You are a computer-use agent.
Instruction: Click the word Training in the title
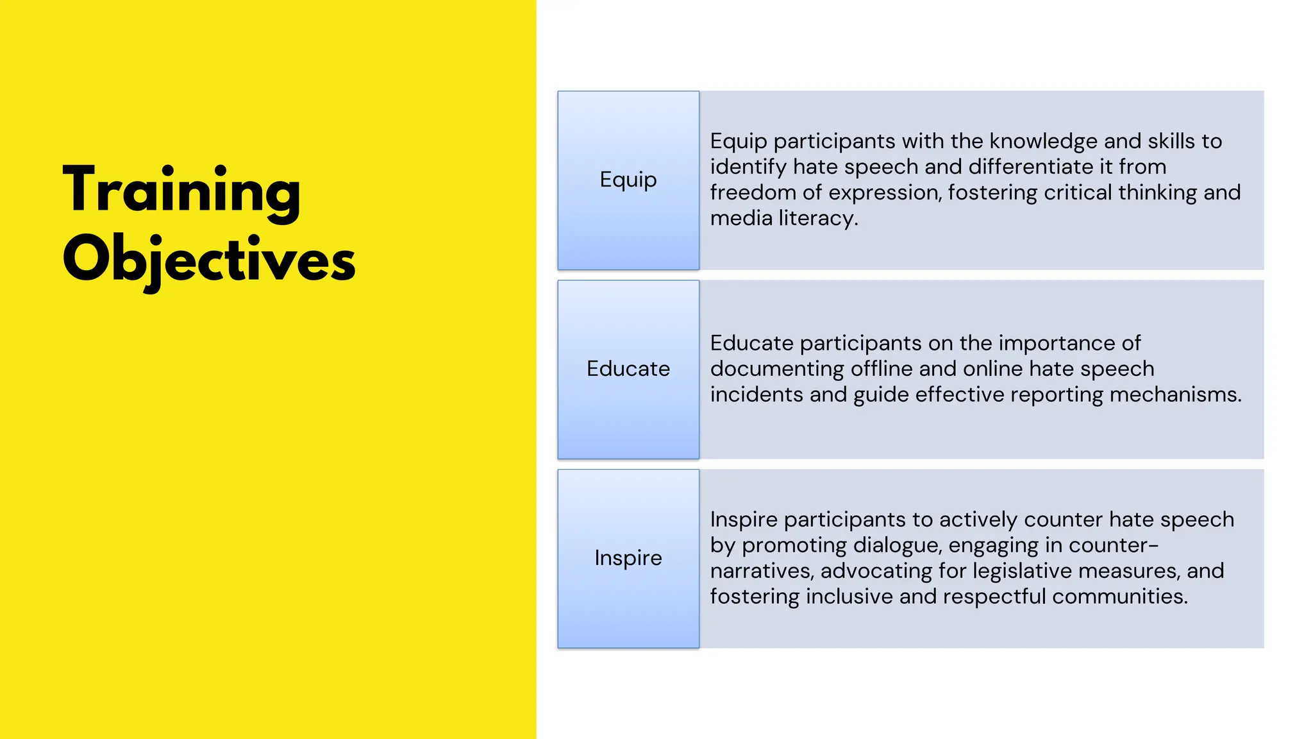point(182,191)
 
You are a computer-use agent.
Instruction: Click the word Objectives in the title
point(209,260)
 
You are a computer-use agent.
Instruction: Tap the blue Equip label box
point(628,180)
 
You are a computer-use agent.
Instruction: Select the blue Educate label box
point(628,369)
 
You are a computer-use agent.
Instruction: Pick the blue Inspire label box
point(628,558)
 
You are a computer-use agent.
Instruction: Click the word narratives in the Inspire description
point(761,571)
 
